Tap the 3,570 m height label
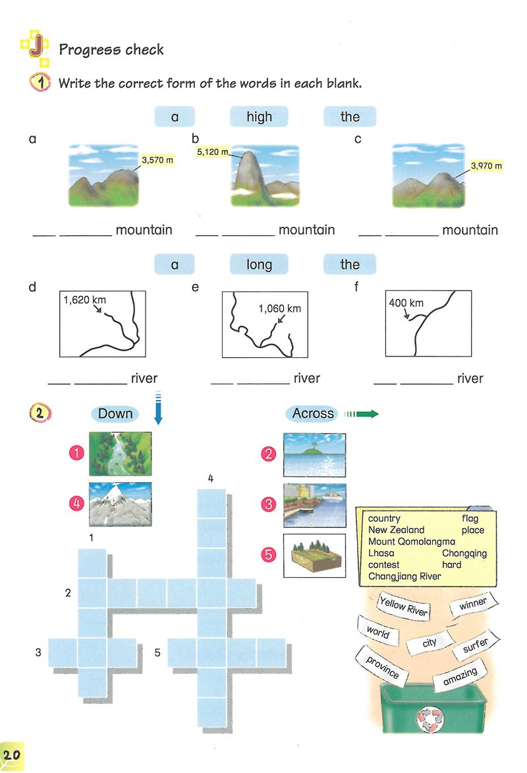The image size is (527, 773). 157,159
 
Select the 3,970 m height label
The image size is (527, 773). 486,165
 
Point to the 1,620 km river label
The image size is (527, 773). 85,300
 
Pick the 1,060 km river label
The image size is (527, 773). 279,308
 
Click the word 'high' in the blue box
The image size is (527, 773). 259,117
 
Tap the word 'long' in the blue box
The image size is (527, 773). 259,264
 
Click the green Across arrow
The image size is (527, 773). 362,414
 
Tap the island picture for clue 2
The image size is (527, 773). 314,455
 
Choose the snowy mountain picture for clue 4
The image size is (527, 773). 120,504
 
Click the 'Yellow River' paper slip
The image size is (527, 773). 404,605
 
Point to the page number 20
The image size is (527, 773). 12,755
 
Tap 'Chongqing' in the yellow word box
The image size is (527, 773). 464,554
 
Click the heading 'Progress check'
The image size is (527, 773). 111,49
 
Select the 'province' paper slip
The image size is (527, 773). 383,666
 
